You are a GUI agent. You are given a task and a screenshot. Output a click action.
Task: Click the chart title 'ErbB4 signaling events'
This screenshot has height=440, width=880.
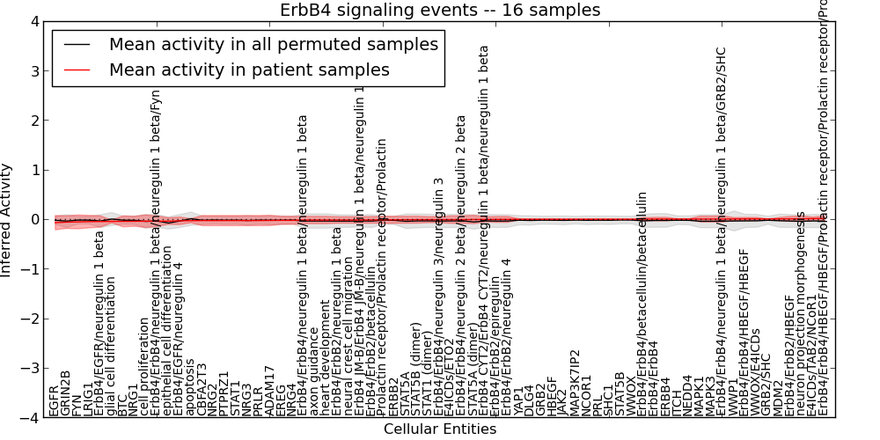click(440, 10)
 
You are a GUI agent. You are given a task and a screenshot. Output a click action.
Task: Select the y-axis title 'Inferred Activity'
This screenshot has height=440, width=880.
click(7, 220)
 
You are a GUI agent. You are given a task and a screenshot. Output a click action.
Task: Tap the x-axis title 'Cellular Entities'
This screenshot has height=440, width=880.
click(440, 429)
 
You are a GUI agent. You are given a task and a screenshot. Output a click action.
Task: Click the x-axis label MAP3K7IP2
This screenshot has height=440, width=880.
click(575, 382)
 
